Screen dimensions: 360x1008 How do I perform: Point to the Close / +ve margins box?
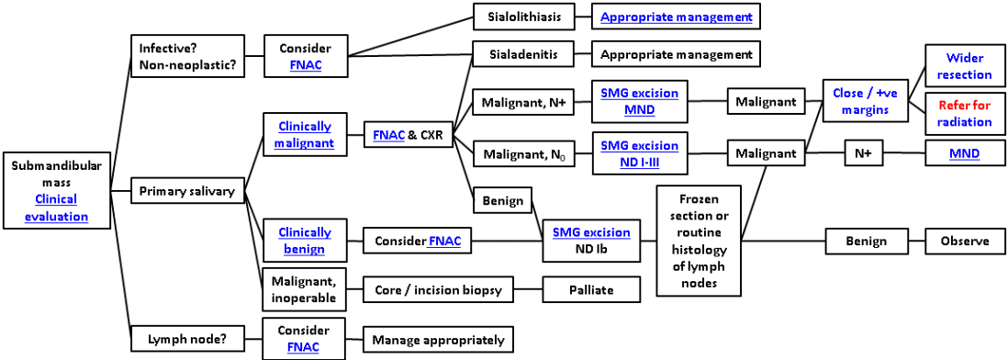pos(860,101)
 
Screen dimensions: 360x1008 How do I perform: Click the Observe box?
pos(964,241)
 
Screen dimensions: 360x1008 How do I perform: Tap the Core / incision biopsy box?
pos(437,289)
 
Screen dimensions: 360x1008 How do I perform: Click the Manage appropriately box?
pos(437,339)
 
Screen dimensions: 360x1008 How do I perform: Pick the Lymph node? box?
pos(187,339)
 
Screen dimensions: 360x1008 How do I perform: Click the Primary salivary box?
pos(187,191)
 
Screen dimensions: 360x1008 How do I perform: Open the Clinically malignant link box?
pos(304,135)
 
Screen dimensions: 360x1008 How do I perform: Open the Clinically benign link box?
pos(304,241)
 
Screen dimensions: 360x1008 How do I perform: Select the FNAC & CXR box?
pos(408,135)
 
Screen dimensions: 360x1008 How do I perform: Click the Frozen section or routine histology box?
pos(699,241)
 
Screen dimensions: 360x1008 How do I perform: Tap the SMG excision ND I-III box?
pos(639,153)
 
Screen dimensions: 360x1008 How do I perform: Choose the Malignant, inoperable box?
pos(304,289)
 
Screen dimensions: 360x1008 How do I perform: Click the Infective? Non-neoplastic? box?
pos(187,54)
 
